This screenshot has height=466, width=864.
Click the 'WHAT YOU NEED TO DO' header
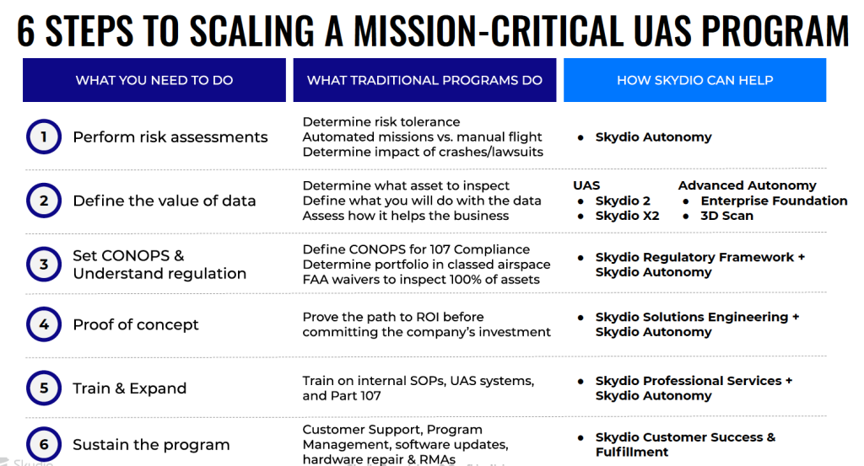pos(154,80)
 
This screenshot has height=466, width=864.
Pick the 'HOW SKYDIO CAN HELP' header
pos(695,80)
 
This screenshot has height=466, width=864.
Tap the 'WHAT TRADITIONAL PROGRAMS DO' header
pos(424,80)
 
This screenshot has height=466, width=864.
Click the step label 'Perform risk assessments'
pos(170,137)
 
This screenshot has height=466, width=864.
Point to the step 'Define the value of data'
pos(165,201)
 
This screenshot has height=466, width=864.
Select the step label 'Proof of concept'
pos(136,324)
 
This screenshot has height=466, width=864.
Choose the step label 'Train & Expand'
pos(129,388)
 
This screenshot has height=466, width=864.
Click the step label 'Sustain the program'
pos(151,445)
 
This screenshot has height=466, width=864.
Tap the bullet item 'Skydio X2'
pos(627,216)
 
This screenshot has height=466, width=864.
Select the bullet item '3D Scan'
pos(726,216)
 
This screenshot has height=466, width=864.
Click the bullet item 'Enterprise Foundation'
pos(774,201)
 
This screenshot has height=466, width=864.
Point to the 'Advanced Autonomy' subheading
pos(748,185)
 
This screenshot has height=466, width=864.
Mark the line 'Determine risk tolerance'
pos(381,121)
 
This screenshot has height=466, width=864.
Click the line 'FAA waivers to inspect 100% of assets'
pos(421,280)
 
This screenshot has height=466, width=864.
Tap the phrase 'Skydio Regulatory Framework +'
pos(699,257)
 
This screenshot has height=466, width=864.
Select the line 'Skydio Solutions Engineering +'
pos(697,317)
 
